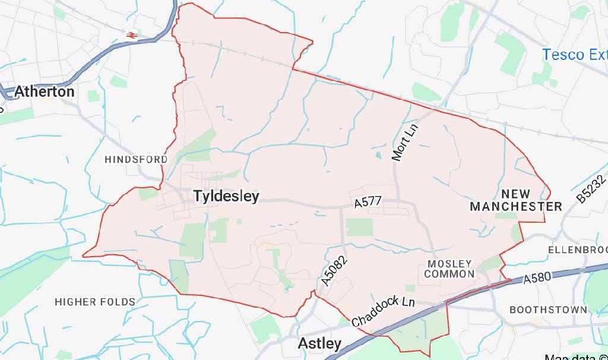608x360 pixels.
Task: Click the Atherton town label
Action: pos(44,91)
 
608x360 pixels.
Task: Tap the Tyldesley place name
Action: pos(226,196)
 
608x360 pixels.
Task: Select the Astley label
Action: pos(319,343)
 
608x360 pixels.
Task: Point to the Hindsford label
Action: pos(136,159)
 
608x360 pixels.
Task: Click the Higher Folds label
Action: pos(95,302)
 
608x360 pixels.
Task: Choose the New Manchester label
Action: pos(515,200)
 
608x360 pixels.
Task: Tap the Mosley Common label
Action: pos(449,269)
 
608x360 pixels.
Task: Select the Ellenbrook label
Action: pos(577,250)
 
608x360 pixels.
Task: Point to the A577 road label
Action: pos(368,202)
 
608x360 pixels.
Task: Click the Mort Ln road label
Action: pos(405,143)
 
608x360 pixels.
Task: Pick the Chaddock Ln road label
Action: pos(383,311)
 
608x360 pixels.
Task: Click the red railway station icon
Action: pos(132,35)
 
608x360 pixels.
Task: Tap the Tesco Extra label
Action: pos(574,55)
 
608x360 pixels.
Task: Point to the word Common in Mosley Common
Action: pos(449,274)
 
